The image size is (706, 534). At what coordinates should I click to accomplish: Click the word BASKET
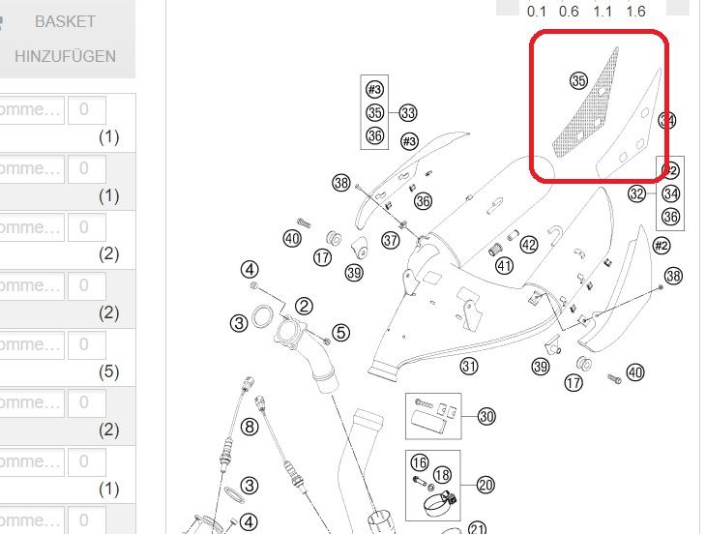tap(65, 21)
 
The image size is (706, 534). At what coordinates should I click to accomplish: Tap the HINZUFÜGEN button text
tap(65, 56)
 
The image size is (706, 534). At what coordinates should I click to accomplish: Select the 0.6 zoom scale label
tap(569, 12)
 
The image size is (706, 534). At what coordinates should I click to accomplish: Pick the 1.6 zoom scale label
tap(635, 12)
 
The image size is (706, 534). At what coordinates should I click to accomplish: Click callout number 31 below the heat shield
tap(469, 366)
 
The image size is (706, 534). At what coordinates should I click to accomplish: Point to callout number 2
tap(304, 307)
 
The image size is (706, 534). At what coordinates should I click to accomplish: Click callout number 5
tap(340, 333)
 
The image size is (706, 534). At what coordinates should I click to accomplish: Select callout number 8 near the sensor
tap(250, 426)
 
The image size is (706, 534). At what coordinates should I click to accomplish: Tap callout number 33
tap(408, 114)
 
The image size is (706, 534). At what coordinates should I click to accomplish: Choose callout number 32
tap(636, 194)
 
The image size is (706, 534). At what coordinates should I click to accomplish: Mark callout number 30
tap(486, 416)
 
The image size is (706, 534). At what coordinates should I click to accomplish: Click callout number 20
tap(485, 485)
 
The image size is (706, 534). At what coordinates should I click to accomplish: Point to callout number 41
tap(504, 265)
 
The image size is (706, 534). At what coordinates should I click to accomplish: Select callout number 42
tap(528, 245)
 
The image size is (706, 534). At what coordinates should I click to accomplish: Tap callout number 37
tap(391, 240)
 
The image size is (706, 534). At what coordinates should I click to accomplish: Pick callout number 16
tap(419, 463)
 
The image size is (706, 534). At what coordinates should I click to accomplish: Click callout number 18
tap(442, 475)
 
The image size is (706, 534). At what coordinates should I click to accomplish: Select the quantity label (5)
tap(109, 371)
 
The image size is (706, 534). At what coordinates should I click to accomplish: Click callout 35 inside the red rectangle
tap(578, 81)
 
